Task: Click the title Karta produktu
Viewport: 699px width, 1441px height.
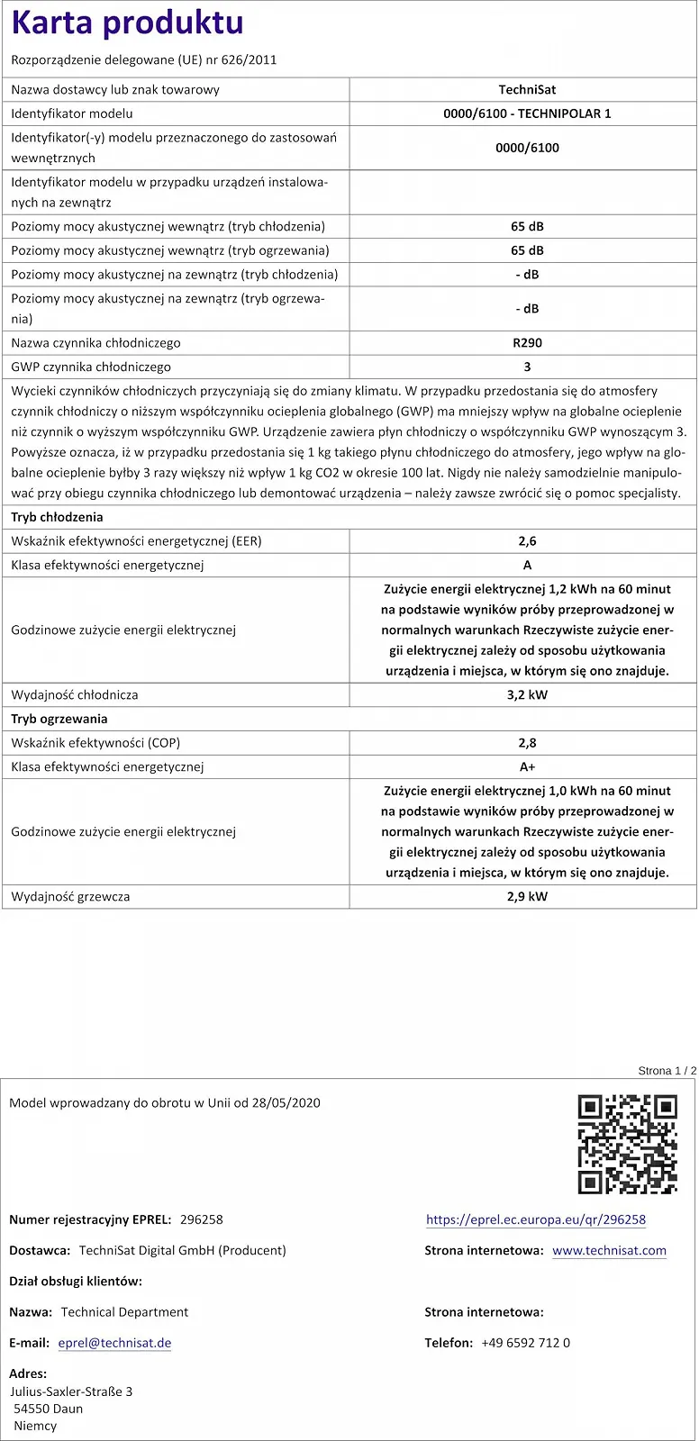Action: [127, 23]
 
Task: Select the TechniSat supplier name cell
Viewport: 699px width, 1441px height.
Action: [527, 89]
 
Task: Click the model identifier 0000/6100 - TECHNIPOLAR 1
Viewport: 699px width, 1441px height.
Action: [527, 113]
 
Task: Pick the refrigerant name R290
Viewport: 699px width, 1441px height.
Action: [527, 343]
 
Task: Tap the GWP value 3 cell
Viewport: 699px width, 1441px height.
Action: [527, 367]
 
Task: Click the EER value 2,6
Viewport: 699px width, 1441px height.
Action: [527, 541]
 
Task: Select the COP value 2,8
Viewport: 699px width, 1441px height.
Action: [527, 743]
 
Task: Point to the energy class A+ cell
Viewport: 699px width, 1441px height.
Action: [527, 766]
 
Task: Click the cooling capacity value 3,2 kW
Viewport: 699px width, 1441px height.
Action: [527, 694]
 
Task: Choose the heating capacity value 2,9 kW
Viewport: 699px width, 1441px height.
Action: [527, 896]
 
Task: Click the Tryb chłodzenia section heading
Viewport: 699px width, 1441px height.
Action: [57, 517]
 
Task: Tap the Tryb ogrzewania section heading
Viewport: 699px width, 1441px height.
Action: [59, 719]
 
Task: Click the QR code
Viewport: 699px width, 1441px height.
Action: [627, 1144]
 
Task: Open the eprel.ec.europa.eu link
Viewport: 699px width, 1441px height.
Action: [536, 1219]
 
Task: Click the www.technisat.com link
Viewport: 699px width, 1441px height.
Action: [609, 1250]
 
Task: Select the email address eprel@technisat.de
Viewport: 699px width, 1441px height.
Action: [114, 1343]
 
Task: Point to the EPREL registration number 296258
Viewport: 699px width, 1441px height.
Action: [202, 1219]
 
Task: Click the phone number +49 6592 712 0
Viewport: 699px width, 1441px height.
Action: [525, 1343]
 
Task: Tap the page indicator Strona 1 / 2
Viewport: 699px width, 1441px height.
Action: [667, 1070]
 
